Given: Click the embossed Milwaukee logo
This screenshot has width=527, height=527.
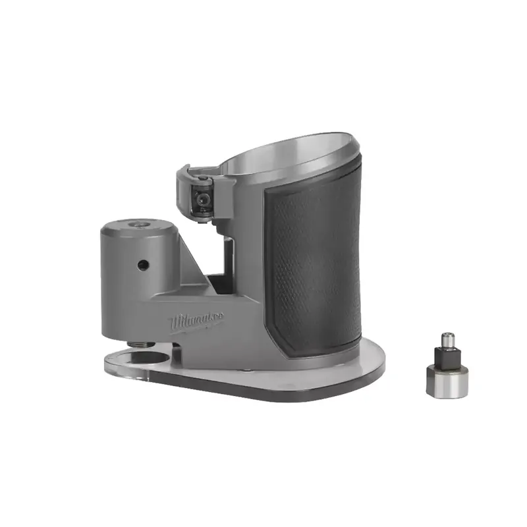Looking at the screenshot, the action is (x=197, y=321).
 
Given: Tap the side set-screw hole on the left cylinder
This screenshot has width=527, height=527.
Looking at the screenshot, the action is (x=143, y=265).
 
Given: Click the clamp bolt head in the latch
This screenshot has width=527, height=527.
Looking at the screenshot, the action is (x=202, y=199).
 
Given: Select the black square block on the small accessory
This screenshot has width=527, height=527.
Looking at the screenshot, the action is (x=447, y=357).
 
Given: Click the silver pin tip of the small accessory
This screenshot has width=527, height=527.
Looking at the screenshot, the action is (x=448, y=340).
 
